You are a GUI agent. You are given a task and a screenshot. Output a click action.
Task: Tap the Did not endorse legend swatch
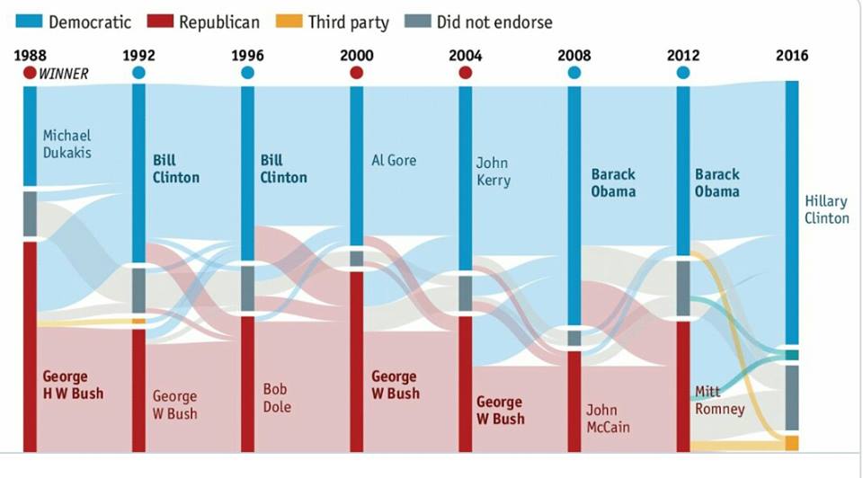418,21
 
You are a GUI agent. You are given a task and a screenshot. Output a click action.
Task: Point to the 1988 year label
30,56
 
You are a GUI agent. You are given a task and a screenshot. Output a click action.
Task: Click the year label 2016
792,56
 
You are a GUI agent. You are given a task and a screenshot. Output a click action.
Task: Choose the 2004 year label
465,56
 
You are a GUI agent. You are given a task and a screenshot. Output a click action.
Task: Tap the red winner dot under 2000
356,73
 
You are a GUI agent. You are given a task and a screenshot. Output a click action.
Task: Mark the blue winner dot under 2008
574,73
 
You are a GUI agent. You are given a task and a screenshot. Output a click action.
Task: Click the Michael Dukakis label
67,144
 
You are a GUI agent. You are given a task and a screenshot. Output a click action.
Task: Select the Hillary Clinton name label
826,209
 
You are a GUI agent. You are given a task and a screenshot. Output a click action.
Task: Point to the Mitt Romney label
720,400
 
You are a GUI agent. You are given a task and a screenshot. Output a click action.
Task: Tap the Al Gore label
395,160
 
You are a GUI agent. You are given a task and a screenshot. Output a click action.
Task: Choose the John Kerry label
493,171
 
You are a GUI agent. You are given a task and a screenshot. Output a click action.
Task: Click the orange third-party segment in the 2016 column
792,443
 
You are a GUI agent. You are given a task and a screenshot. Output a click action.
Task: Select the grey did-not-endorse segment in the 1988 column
30,214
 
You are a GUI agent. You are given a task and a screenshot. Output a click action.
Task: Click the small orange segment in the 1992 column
138,321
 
